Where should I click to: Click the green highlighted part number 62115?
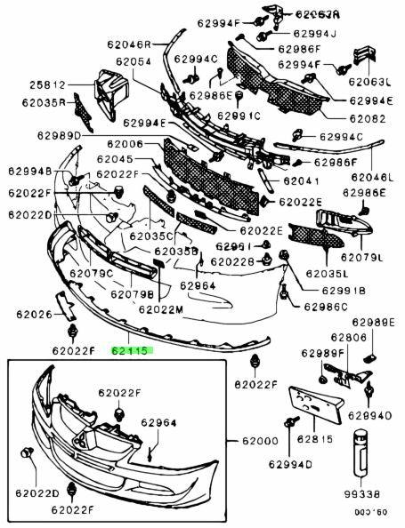(x=132, y=351)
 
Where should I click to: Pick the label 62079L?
(x=366, y=259)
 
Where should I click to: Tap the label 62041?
(x=302, y=180)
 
